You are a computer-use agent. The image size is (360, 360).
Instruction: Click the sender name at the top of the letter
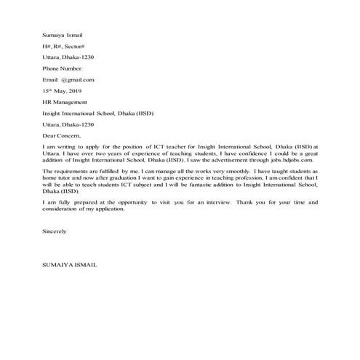pos(63,33)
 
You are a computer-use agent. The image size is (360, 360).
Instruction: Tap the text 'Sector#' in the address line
pos(84,45)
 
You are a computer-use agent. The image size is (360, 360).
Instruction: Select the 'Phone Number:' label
pos(64,68)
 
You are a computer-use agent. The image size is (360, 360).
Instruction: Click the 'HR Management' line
pos(64,103)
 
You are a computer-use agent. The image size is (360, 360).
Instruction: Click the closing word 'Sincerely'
pos(55,231)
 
